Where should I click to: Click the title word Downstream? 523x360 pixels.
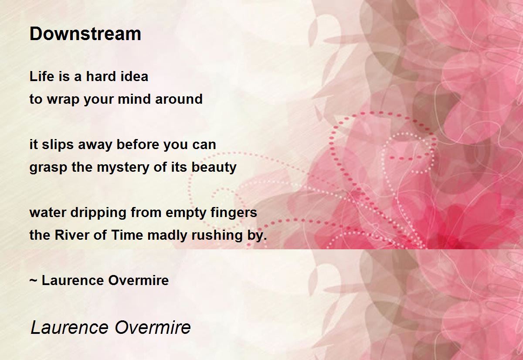point(85,34)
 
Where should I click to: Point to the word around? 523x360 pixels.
point(179,99)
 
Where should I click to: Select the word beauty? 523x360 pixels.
point(214,168)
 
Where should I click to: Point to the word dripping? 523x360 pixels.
point(98,213)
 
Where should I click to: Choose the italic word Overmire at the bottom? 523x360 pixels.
point(153,328)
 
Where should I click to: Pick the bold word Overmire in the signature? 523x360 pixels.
point(139,280)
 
